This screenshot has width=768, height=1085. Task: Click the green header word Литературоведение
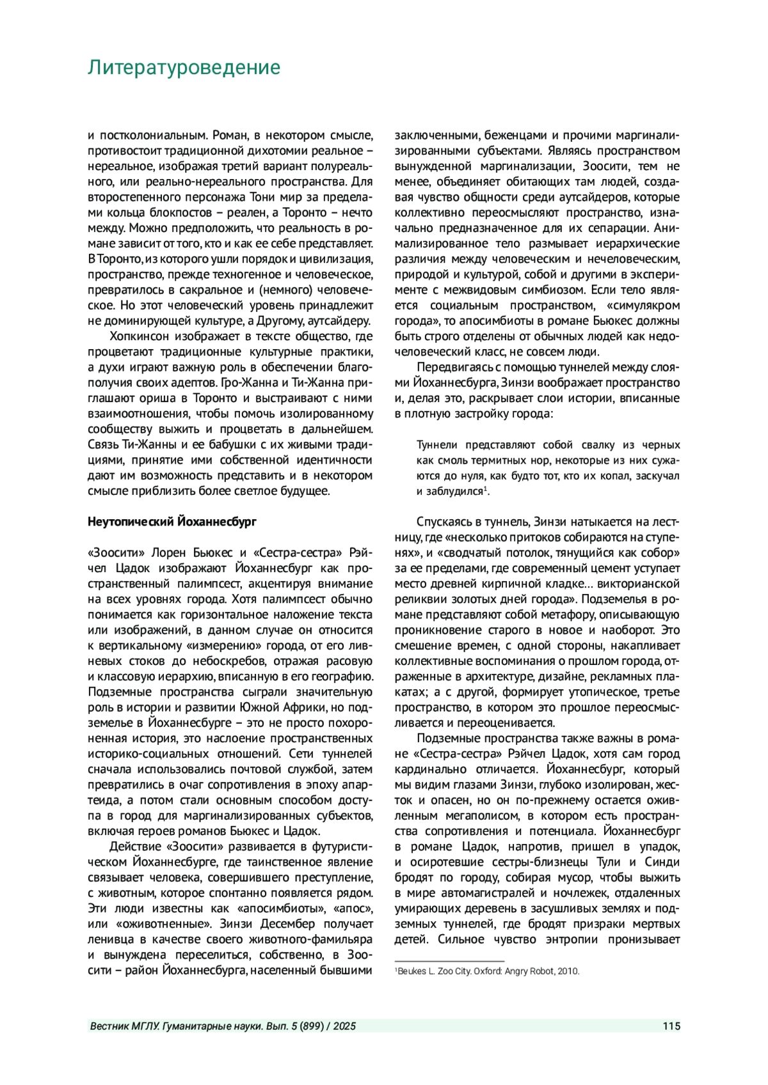coord(184,68)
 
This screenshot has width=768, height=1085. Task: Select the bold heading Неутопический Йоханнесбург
coord(172,522)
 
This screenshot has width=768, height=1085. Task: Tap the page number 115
coord(671,1026)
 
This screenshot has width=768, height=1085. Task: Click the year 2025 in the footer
coord(344,1026)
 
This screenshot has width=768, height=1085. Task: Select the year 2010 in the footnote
coord(568,971)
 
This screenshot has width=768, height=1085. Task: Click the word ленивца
coord(111,940)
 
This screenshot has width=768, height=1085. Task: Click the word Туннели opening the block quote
coord(437,445)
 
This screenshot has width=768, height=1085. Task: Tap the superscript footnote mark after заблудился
coord(486,489)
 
